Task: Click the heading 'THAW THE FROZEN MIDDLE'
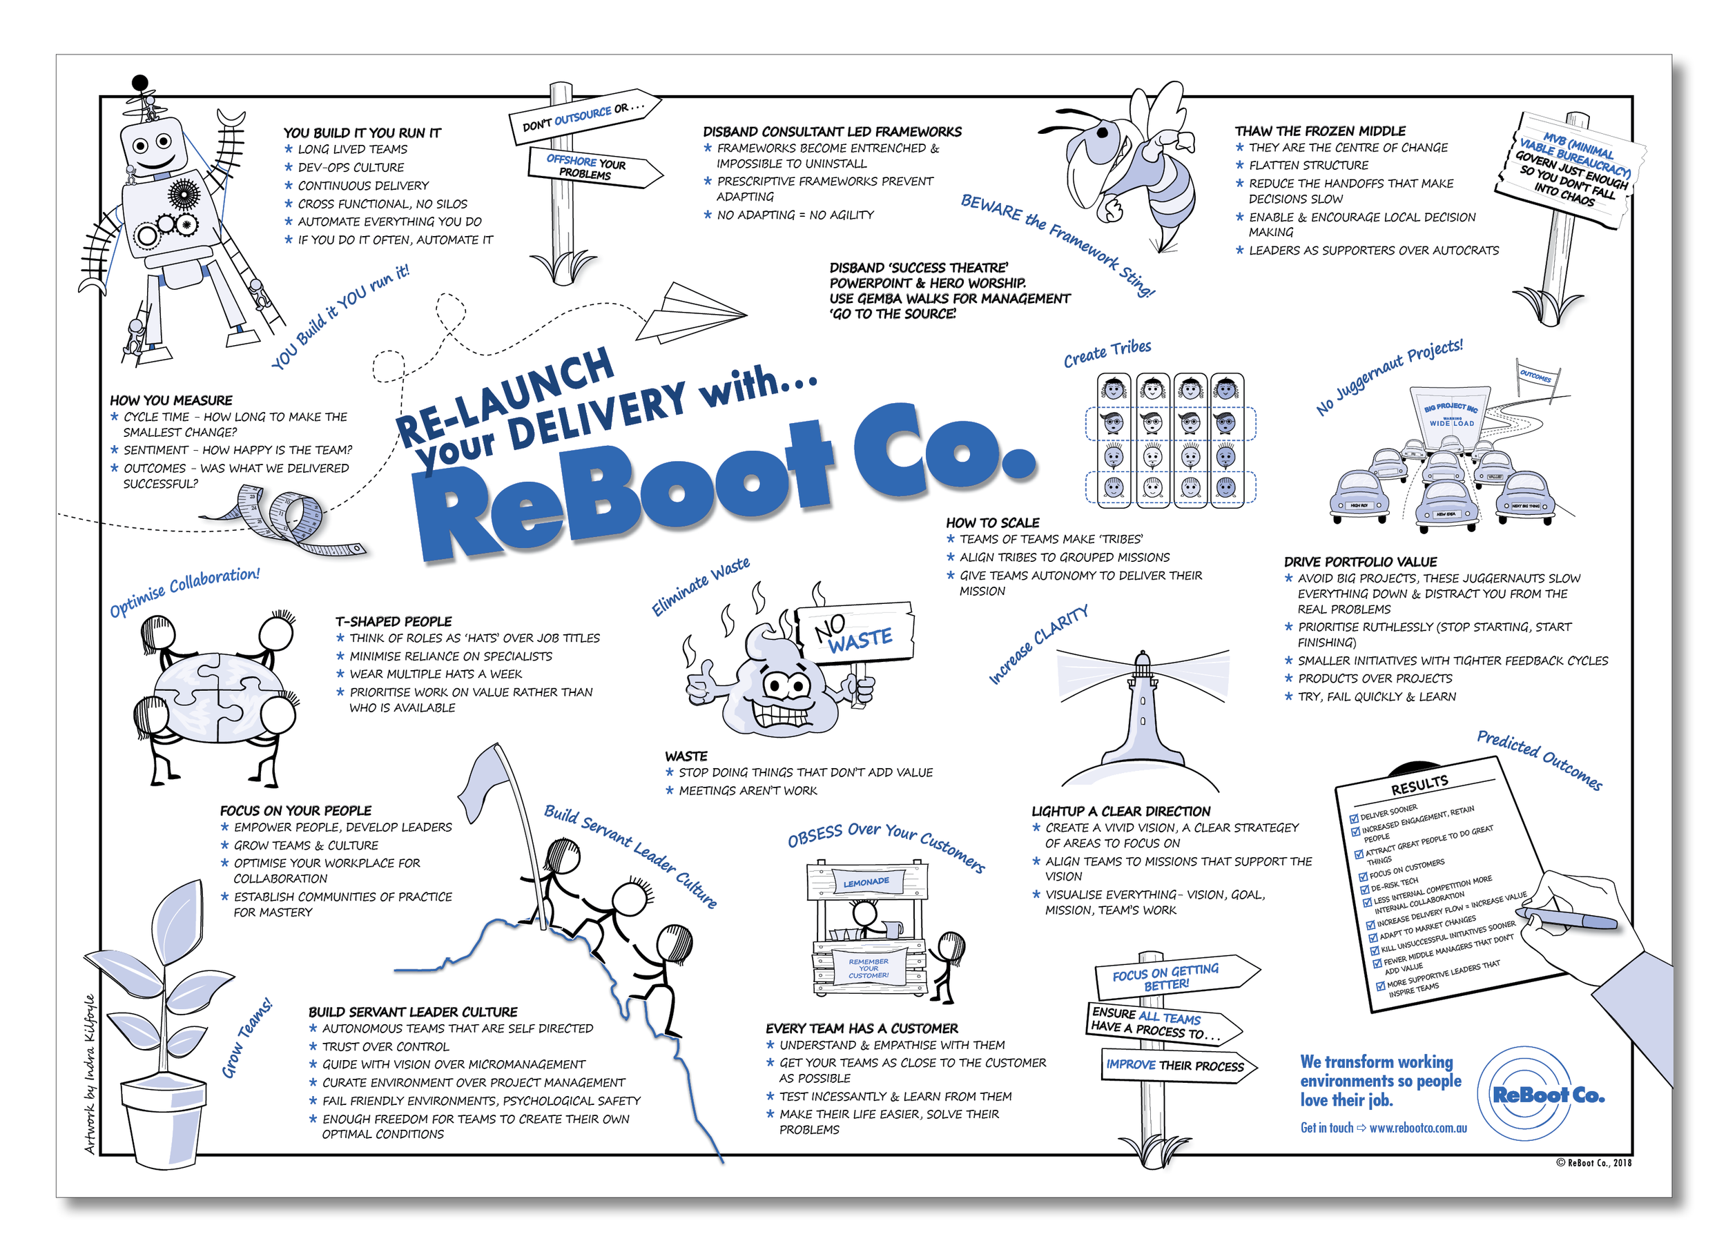(1319, 131)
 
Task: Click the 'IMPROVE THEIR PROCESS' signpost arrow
(1176, 1066)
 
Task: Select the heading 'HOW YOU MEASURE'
(171, 400)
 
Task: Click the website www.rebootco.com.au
(1418, 1128)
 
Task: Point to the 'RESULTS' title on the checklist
(1419, 783)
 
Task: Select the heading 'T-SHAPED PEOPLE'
(394, 621)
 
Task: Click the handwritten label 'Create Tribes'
(1107, 353)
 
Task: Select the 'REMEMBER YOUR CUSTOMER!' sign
(869, 968)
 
